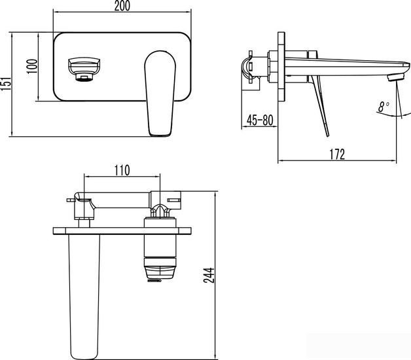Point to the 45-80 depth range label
[x=260, y=120]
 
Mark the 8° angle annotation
[x=384, y=105]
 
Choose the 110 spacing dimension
[x=122, y=170]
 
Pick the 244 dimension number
[x=208, y=275]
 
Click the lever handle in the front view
[x=160, y=92]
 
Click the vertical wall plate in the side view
[x=281, y=65]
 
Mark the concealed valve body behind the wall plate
[x=259, y=65]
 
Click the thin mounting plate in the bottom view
[x=122, y=229]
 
